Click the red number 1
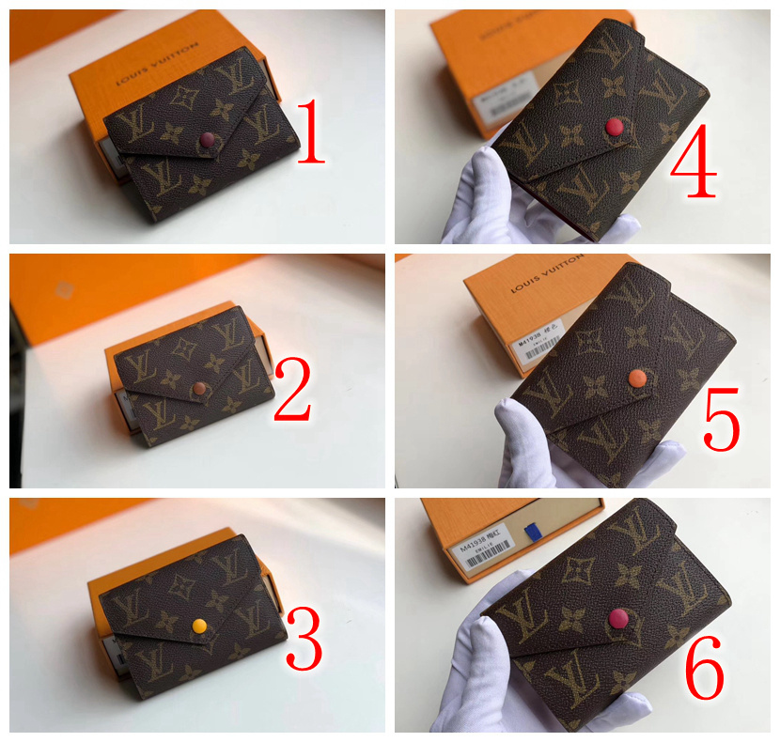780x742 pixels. (x=309, y=133)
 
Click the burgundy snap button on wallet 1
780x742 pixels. (x=209, y=141)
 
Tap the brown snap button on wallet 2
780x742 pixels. (x=200, y=389)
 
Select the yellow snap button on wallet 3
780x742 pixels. (x=198, y=625)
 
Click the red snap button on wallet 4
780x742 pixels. (x=614, y=126)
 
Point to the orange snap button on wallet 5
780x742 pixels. (x=637, y=378)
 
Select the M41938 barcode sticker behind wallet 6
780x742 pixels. (x=488, y=551)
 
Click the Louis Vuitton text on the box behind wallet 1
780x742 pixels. (x=157, y=66)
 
